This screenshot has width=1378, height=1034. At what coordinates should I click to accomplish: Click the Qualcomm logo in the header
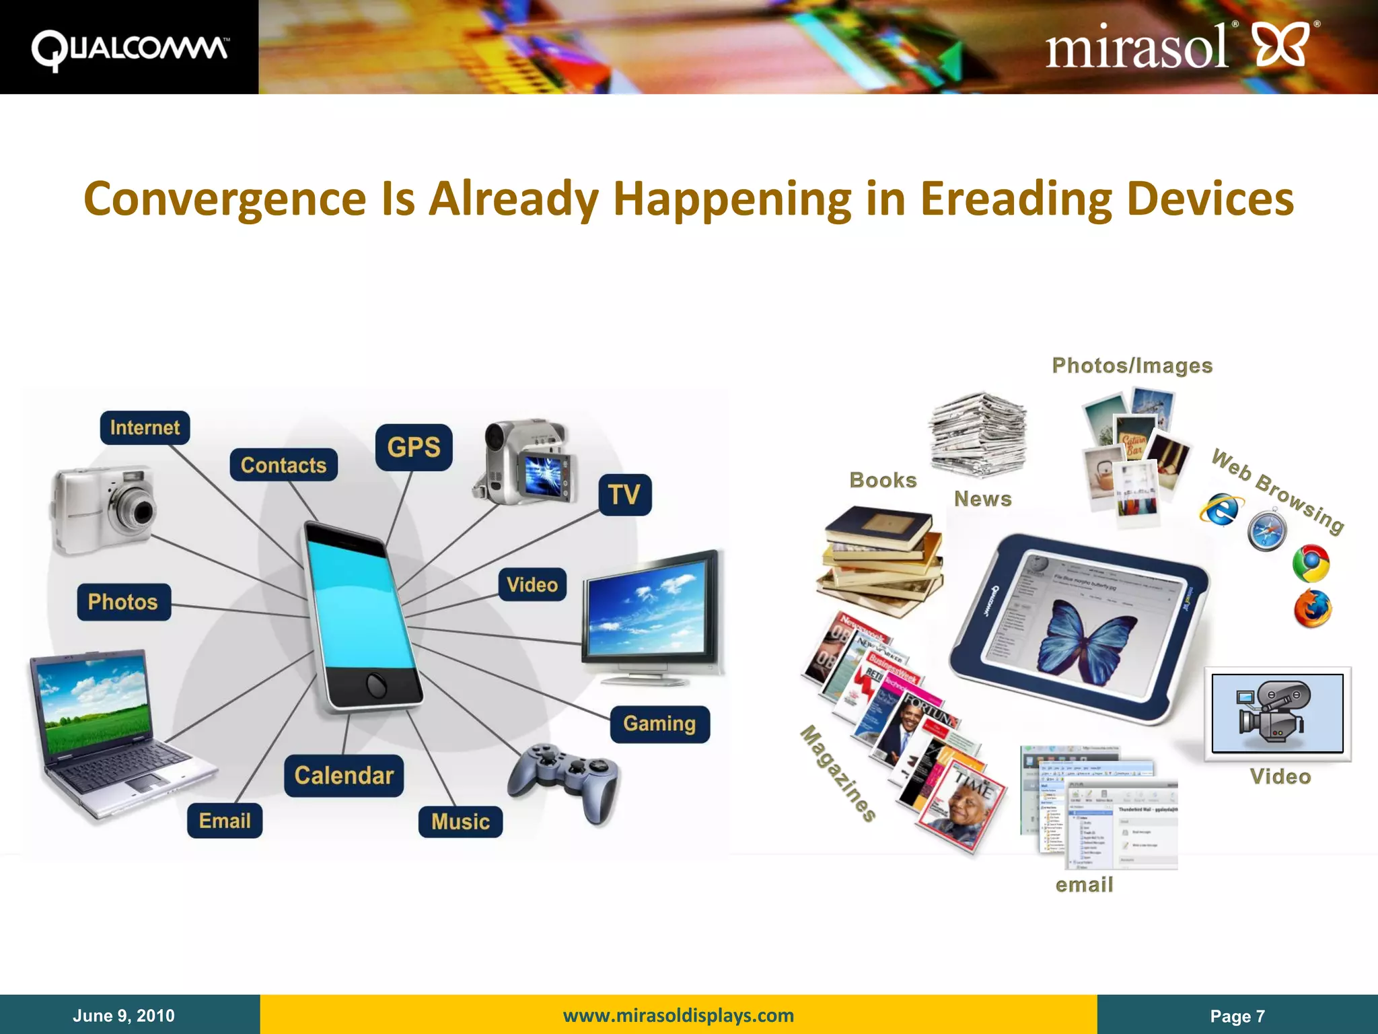tap(129, 48)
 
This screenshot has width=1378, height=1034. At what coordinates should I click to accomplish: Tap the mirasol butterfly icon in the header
tap(1282, 44)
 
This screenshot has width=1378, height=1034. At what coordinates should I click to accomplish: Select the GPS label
tap(414, 447)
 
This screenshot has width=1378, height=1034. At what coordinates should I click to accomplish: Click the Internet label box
tap(145, 427)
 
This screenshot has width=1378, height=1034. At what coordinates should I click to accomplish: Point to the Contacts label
tap(283, 465)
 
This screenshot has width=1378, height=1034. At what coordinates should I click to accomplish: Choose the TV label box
tap(624, 495)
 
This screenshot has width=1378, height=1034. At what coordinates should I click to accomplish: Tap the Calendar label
tap(344, 775)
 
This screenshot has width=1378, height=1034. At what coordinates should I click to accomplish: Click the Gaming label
tap(659, 724)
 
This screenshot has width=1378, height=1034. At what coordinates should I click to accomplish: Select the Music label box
tap(460, 821)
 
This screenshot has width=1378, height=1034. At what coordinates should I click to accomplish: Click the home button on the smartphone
tap(376, 685)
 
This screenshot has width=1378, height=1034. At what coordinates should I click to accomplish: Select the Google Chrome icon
tap(1311, 563)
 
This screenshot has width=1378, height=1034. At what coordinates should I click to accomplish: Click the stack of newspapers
tap(979, 434)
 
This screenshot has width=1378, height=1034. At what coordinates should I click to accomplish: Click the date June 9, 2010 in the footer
tap(124, 1015)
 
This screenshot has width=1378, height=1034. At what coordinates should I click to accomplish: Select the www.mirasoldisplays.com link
tap(678, 1015)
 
